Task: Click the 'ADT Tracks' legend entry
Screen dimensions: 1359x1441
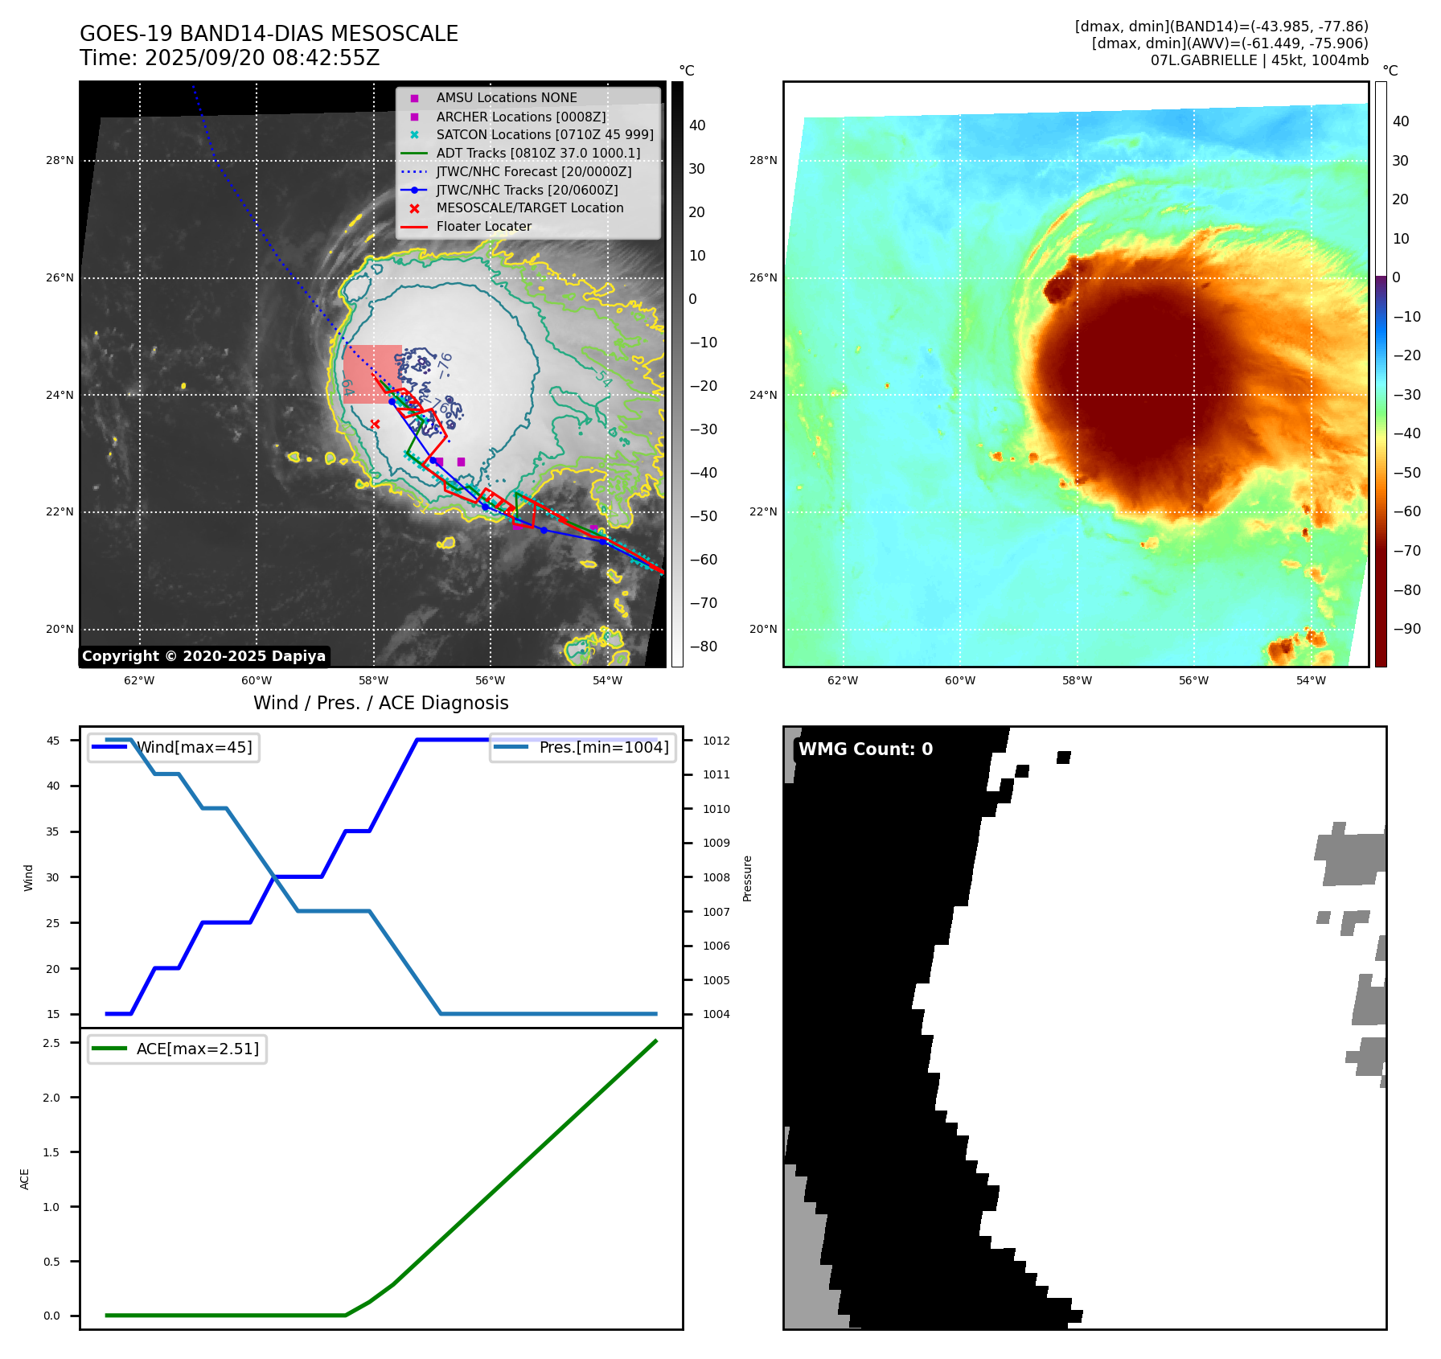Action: (538, 153)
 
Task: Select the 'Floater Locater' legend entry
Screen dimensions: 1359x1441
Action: (483, 227)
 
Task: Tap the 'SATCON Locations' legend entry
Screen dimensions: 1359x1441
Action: (544, 134)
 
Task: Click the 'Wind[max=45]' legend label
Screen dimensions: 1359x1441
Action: (194, 747)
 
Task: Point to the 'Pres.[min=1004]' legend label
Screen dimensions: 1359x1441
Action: (603, 747)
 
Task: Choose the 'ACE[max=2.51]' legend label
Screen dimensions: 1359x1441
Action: (197, 1049)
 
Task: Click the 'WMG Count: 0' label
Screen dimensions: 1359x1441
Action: (865, 749)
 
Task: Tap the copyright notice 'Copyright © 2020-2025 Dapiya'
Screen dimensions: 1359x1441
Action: (203, 656)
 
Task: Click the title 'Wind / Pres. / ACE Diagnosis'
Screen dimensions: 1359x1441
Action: (380, 703)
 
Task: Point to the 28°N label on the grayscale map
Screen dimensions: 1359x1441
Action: (60, 161)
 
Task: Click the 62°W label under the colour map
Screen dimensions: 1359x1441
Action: (843, 680)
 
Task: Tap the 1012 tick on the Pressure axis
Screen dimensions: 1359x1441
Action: (716, 741)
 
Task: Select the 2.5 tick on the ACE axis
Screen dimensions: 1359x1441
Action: (51, 1043)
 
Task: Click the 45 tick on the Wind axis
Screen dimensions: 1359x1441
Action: (53, 741)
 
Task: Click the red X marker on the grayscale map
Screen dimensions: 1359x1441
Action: (375, 424)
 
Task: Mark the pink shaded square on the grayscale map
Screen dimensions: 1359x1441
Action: (372, 373)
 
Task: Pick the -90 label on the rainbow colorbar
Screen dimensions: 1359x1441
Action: (1406, 629)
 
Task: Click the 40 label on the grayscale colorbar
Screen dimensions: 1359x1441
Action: (697, 125)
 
